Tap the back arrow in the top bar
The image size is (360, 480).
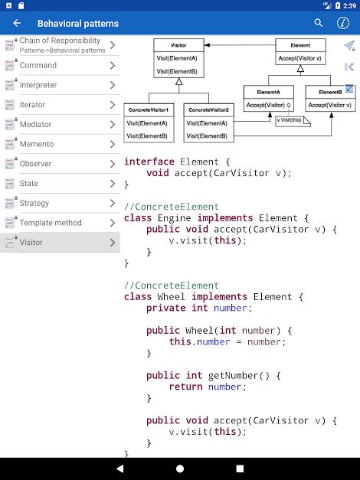(17, 23)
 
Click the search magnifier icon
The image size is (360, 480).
(319, 23)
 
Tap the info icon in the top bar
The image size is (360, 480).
(342, 23)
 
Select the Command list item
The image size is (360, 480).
(60, 65)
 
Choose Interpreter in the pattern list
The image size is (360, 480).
(60, 85)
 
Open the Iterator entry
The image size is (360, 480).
(60, 105)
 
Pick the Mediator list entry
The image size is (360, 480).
(60, 124)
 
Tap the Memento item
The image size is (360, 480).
(60, 144)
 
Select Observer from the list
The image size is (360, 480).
(60, 164)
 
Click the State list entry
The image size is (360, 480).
(60, 184)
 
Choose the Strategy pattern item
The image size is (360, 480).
(60, 203)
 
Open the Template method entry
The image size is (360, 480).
(60, 223)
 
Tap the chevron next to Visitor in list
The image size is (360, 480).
(113, 243)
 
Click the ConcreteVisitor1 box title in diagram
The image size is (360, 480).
(149, 109)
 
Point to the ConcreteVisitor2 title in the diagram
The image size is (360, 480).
(208, 109)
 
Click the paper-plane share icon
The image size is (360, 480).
(349, 46)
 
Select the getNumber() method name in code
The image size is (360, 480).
(224, 375)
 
